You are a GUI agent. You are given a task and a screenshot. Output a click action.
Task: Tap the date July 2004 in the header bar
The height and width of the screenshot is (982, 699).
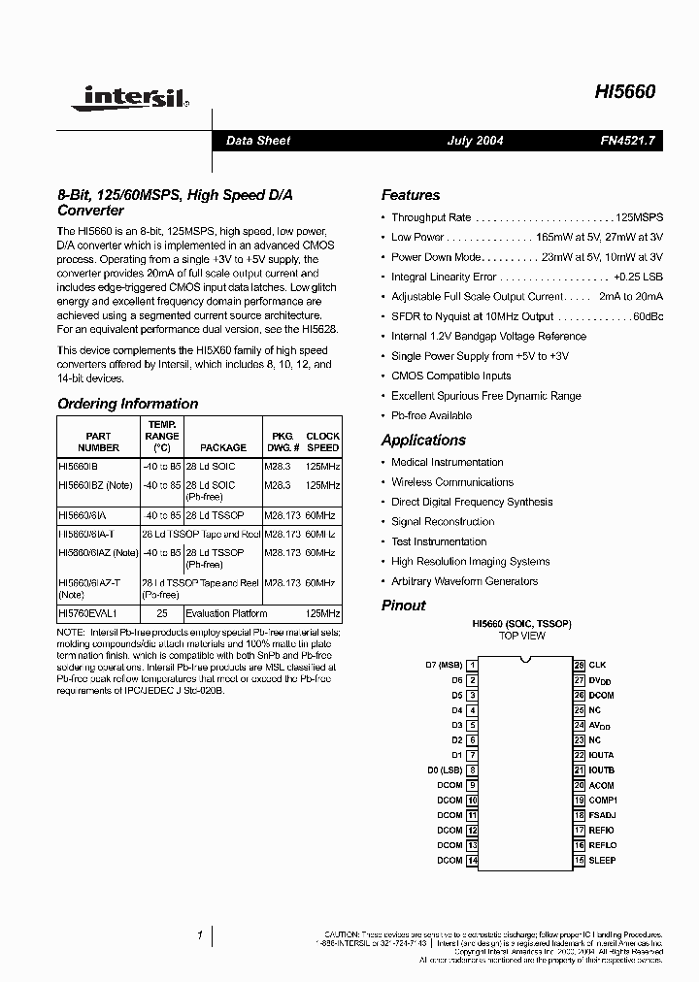pyautogui.click(x=475, y=141)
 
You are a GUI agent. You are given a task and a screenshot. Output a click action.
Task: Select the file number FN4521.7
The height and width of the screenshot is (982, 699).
pyautogui.click(x=627, y=141)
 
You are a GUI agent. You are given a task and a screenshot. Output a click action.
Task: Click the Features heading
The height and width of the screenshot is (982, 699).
pyautogui.click(x=410, y=195)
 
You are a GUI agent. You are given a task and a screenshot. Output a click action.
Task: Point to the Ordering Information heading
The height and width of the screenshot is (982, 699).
pyautogui.click(x=127, y=404)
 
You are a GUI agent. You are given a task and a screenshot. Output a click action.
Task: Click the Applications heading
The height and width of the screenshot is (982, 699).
pyautogui.click(x=423, y=440)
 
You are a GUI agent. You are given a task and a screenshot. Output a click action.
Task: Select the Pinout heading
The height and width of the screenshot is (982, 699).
pyautogui.click(x=403, y=606)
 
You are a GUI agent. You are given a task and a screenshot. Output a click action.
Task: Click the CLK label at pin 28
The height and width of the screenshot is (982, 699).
pyautogui.click(x=598, y=665)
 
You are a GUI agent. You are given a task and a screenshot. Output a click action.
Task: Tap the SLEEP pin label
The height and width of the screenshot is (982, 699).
pyautogui.click(x=603, y=861)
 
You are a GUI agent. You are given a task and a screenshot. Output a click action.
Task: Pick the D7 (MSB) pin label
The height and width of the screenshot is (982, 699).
pyautogui.click(x=444, y=665)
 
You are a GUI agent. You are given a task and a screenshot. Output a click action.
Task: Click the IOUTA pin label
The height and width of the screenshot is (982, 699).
pyautogui.click(x=602, y=755)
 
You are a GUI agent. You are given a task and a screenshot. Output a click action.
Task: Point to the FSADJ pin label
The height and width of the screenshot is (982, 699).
pyautogui.click(x=602, y=815)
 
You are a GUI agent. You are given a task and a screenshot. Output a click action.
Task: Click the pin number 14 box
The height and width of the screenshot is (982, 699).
pyautogui.click(x=472, y=861)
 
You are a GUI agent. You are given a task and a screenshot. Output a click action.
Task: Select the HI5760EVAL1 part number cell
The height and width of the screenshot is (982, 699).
pyautogui.click(x=86, y=614)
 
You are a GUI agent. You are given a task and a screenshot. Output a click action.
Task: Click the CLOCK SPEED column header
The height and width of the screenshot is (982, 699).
pyautogui.click(x=322, y=442)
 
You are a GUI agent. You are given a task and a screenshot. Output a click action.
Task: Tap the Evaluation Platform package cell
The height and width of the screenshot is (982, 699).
pyautogui.click(x=222, y=614)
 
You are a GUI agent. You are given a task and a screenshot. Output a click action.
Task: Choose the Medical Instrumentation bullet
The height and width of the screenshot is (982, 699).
pyautogui.click(x=447, y=462)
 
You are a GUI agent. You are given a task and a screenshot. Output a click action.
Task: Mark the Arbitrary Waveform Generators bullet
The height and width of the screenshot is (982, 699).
pyautogui.click(x=464, y=581)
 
